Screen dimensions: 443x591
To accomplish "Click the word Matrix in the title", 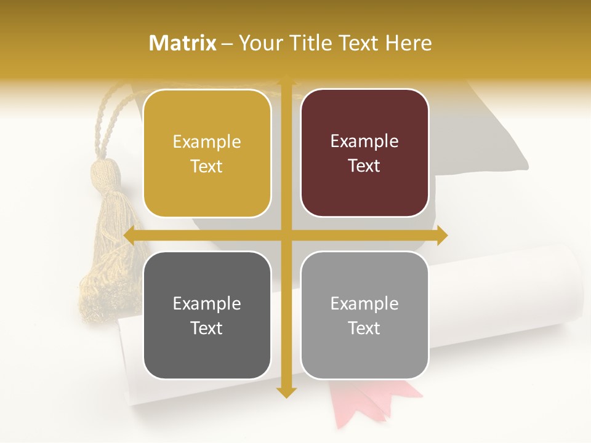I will point(183,43).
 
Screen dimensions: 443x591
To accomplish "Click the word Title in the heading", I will point(313,43).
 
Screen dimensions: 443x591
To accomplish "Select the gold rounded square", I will point(207,153).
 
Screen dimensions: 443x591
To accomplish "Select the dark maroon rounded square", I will point(364,153).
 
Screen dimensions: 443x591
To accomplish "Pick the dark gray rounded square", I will point(207,315).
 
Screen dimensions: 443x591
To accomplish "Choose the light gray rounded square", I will point(364,315).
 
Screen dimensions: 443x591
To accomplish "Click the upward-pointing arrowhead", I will point(286,81).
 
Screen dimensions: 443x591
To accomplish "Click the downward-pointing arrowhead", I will point(286,392).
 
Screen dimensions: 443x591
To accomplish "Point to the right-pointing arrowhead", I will point(441,236).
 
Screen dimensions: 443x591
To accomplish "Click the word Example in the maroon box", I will point(364,142).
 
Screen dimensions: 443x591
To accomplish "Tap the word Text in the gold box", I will point(206,167).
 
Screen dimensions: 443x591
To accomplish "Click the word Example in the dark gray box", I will point(206,303).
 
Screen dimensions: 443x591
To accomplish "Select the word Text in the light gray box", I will point(364,329).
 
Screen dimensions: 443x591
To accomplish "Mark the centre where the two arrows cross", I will point(286,236).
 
